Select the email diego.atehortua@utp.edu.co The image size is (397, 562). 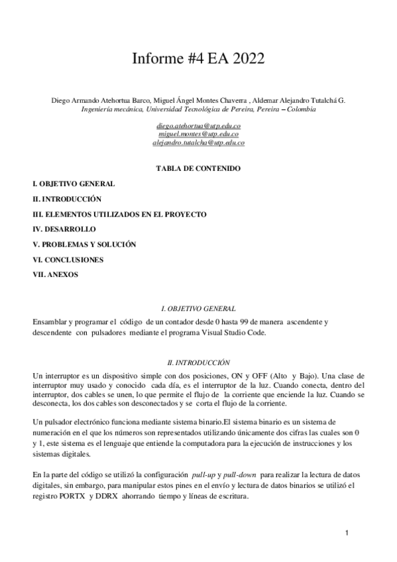click(198, 125)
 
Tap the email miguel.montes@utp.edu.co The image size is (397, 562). click(198, 133)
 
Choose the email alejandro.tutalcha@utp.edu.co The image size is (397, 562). click(198, 142)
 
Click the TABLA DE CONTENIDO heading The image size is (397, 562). click(198, 168)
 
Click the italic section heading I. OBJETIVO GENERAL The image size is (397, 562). click(198, 309)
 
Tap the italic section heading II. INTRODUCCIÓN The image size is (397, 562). click(198, 363)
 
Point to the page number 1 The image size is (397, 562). click(346, 533)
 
